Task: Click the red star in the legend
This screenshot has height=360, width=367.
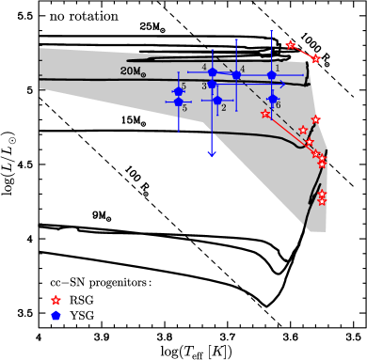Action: [56, 301]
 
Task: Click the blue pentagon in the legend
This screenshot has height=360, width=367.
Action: [56, 317]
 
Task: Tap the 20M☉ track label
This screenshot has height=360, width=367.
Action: [133, 71]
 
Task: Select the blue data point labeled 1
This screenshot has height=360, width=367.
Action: [272, 75]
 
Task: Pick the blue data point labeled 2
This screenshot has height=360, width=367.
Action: [217, 101]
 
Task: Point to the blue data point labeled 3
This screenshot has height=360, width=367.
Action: [212, 85]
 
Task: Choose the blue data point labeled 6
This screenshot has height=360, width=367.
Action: [273, 99]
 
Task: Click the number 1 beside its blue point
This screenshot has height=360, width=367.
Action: [278, 68]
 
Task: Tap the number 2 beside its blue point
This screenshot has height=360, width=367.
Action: [224, 108]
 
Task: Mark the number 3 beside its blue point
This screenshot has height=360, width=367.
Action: [203, 86]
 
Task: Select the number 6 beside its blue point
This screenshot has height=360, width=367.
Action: [278, 105]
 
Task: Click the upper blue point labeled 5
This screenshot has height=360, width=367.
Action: [178, 91]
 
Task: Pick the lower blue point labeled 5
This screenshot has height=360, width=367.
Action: [178, 102]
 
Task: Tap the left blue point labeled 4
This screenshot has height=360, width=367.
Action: [213, 72]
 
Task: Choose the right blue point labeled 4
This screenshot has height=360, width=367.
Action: [236, 75]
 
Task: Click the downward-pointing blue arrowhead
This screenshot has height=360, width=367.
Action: [212, 153]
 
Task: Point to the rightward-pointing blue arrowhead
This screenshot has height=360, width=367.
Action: [282, 85]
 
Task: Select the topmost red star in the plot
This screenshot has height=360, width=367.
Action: [290, 45]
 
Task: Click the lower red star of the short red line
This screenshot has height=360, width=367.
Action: [316, 59]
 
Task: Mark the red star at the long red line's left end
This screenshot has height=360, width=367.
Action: [265, 115]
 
